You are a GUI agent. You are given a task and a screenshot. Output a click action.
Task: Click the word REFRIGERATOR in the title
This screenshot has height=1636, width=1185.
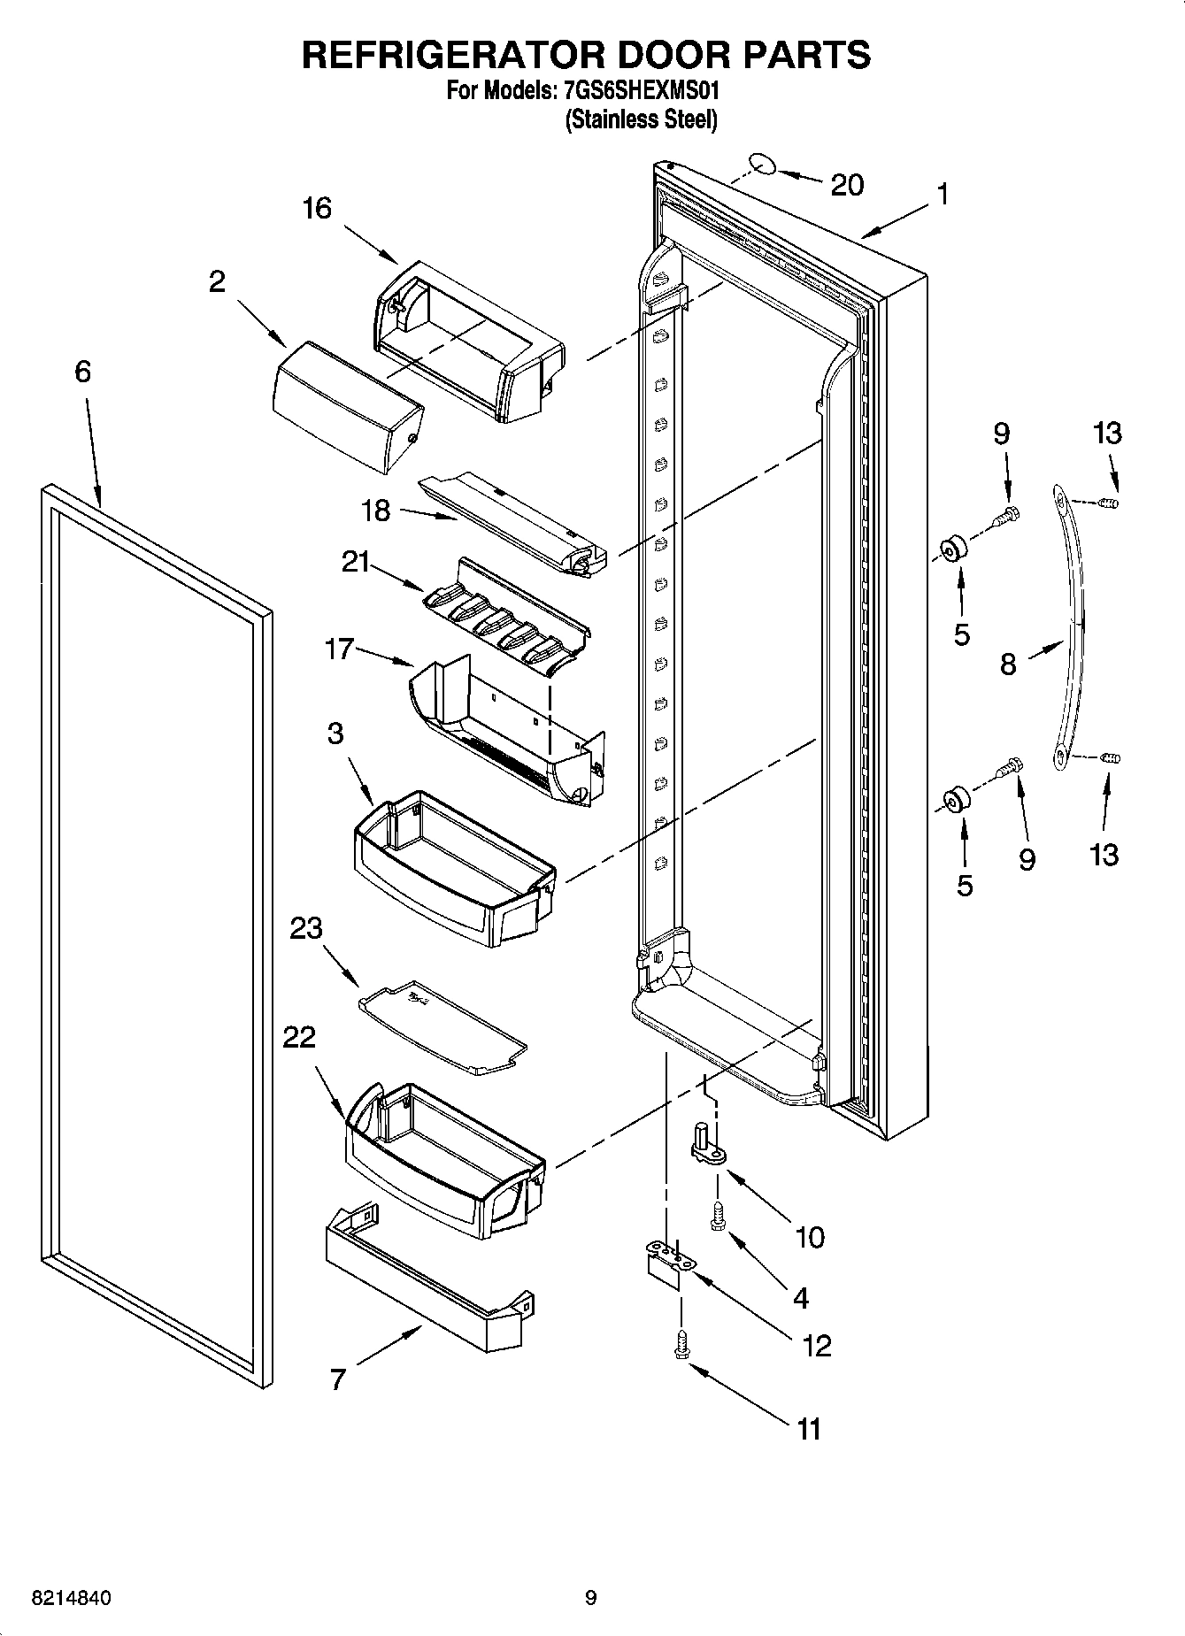[x=453, y=55]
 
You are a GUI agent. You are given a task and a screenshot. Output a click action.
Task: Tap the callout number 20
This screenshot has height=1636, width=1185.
[x=847, y=185]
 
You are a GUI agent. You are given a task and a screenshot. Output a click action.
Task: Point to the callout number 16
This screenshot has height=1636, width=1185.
[x=316, y=209]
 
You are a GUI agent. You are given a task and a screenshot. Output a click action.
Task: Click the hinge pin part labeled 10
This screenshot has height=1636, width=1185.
[x=707, y=1145]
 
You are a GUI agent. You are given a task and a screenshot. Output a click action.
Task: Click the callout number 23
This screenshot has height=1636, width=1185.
[x=307, y=928]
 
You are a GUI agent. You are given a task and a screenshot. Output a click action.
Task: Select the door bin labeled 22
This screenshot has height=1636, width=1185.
[x=442, y=1159]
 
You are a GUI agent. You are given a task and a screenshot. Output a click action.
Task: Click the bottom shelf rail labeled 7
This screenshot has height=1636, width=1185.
[x=425, y=1283]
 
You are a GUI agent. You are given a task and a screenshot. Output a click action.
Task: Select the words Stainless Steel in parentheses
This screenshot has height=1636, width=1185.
[x=641, y=119]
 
